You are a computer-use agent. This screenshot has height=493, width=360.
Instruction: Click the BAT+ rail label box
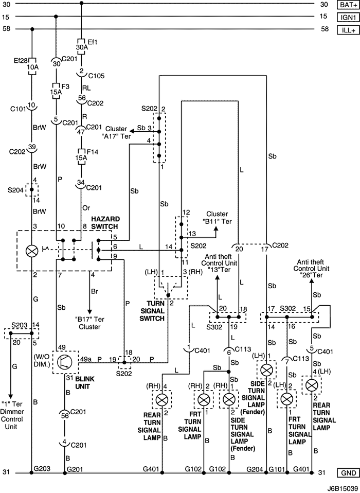point(347,5)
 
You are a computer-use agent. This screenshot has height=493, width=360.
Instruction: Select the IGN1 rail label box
point(347,17)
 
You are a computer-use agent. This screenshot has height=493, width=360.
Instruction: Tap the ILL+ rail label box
point(347,30)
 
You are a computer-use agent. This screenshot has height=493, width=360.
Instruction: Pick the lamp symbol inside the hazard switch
point(32,251)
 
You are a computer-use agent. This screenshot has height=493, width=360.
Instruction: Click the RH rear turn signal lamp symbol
point(163,399)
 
